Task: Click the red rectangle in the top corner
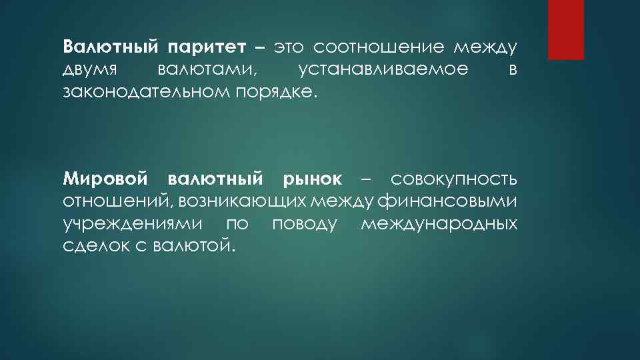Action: (565, 29)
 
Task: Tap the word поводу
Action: (305, 223)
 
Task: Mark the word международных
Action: (439, 223)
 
